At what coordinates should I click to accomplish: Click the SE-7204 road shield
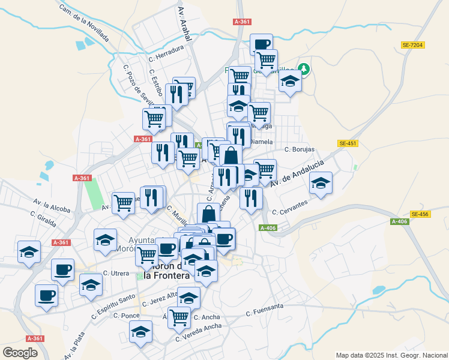pyautogui.click(x=412, y=45)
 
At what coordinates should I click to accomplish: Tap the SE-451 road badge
pyautogui.click(x=348, y=143)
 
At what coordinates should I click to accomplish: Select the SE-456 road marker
pyautogui.click(x=420, y=214)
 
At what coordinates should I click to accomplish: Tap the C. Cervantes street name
pyautogui.click(x=290, y=208)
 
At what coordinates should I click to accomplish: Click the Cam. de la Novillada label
pyautogui.click(x=84, y=23)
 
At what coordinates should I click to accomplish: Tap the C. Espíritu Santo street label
pyautogui.click(x=113, y=305)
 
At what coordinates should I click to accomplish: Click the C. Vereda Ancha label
pyautogui.click(x=198, y=332)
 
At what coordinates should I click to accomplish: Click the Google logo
pyautogui.click(x=20, y=353)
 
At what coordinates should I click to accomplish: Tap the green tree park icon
pyautogui.click(x=305, y=69)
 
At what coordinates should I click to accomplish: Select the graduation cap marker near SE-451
pyautogui.click(x=321, y=183)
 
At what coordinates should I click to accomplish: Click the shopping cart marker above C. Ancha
pyautogui.click(x=179, y=317)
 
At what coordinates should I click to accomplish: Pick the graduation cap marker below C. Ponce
pyautogui.click(x=140, y=331)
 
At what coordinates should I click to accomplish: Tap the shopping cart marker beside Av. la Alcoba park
pyautogui.click(x=123, y=202)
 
